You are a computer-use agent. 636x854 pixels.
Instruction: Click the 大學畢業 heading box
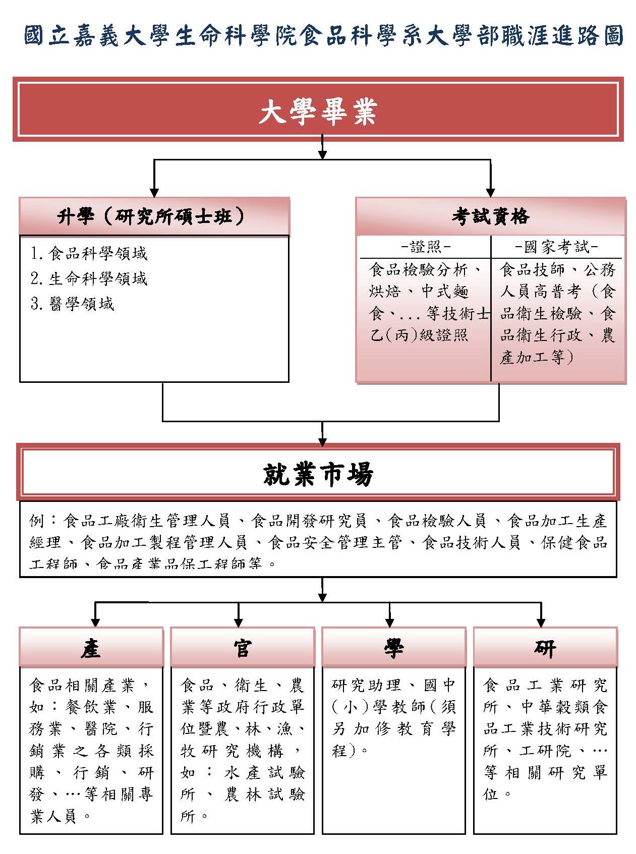point(318,109)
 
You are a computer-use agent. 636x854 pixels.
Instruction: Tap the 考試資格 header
point(490,216)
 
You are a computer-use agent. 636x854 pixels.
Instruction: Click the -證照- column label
point(425,247)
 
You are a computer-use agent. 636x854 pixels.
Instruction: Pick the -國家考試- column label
point(557,247)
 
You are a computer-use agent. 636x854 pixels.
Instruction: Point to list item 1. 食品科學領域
point(89,253)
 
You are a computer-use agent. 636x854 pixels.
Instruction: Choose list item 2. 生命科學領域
point(89,278)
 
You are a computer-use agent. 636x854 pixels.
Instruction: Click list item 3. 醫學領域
point(73,304)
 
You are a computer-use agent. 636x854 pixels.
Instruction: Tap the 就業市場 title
point(318,474)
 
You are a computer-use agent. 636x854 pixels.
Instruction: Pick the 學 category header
point(394,648)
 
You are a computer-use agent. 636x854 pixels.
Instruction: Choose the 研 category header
point(545,648)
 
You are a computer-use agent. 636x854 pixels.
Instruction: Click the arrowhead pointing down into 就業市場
point(323,442)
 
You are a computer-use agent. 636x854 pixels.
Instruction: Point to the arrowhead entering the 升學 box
point(154,193)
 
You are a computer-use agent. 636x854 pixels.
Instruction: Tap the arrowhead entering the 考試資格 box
point(490,193)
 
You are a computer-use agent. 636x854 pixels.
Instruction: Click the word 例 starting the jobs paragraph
point(37,521)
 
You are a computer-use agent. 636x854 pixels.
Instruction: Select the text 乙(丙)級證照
point(419,335)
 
